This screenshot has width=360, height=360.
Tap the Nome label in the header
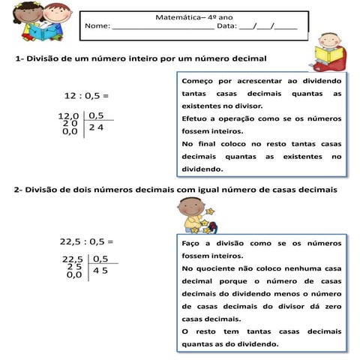[x=97, y=26]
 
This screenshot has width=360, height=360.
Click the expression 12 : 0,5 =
[x=86, y=96]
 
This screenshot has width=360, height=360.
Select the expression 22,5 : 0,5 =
[x=86, y=241]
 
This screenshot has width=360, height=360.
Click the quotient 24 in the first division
[x=96, y=128]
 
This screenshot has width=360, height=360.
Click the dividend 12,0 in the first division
[x=69, y=116]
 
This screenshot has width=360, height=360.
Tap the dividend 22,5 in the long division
[x=72, y=259]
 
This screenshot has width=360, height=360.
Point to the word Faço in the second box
[x=192, y=244]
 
